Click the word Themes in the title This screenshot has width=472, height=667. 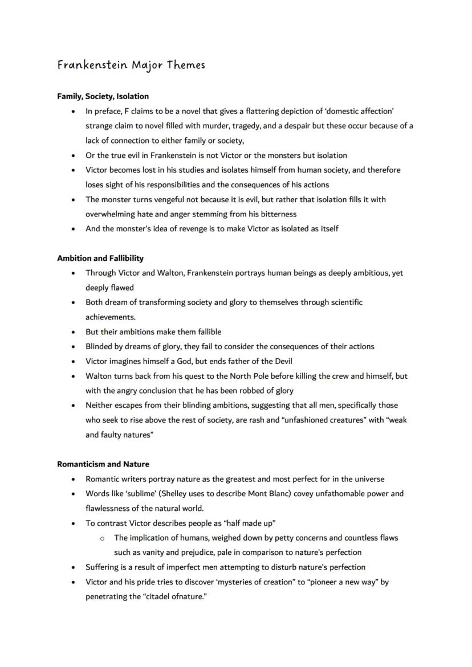pos(186,65)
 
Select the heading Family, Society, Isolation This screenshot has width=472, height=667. pos(103,96)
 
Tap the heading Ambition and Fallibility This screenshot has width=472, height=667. pos(100,258)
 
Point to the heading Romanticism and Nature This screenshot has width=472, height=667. pos(103,464)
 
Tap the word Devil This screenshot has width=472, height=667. pos(282,361)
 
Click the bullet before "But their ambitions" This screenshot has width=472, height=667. pos(74,332)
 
